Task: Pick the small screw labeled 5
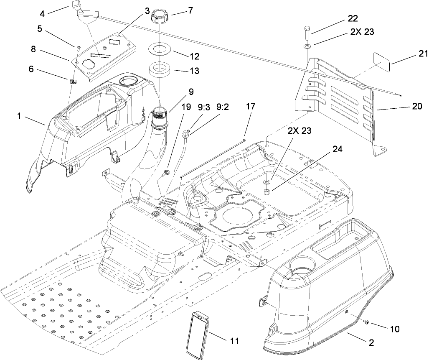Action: coord(78,47)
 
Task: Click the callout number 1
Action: coord(19,117)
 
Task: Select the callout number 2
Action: coord(371,342)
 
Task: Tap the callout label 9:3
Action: coord(204,107)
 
